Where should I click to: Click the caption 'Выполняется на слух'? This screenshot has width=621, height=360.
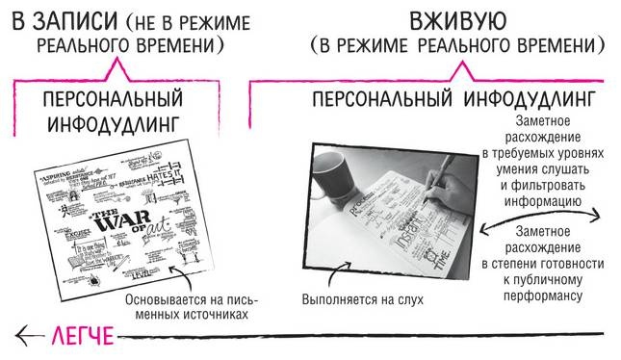pos(362,298)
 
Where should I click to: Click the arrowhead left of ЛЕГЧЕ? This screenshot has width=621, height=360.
pos(23,336)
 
